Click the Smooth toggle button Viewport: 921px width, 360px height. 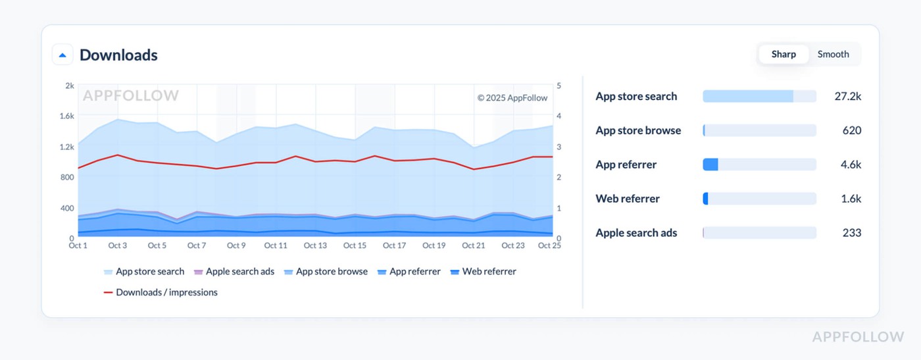point(833,54)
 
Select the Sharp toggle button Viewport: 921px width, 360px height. point(784,54)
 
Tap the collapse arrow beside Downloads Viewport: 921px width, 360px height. point(62,55)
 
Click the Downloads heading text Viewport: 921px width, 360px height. point(118,55)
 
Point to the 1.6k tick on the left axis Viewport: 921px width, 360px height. point(66,116)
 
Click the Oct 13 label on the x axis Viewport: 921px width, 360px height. point(315,245)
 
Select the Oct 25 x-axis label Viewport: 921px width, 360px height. point(549,245)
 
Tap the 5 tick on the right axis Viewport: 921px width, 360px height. point(559,86)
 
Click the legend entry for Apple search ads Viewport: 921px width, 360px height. point(239,271)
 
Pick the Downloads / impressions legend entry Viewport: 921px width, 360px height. point(166,292)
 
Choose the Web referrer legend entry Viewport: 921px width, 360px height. point(489,271)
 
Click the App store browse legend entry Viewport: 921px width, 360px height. point(331,271)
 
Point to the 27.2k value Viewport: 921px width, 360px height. point(847,96)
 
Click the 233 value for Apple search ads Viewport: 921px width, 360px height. point(851,233)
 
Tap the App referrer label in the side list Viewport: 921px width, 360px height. point(626,165)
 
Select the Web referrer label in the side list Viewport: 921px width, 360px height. point(627,199)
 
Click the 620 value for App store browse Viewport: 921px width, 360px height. point(851,130)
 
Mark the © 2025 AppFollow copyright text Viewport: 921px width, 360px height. point(512,97)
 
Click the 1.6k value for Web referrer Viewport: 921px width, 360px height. point(851,199)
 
